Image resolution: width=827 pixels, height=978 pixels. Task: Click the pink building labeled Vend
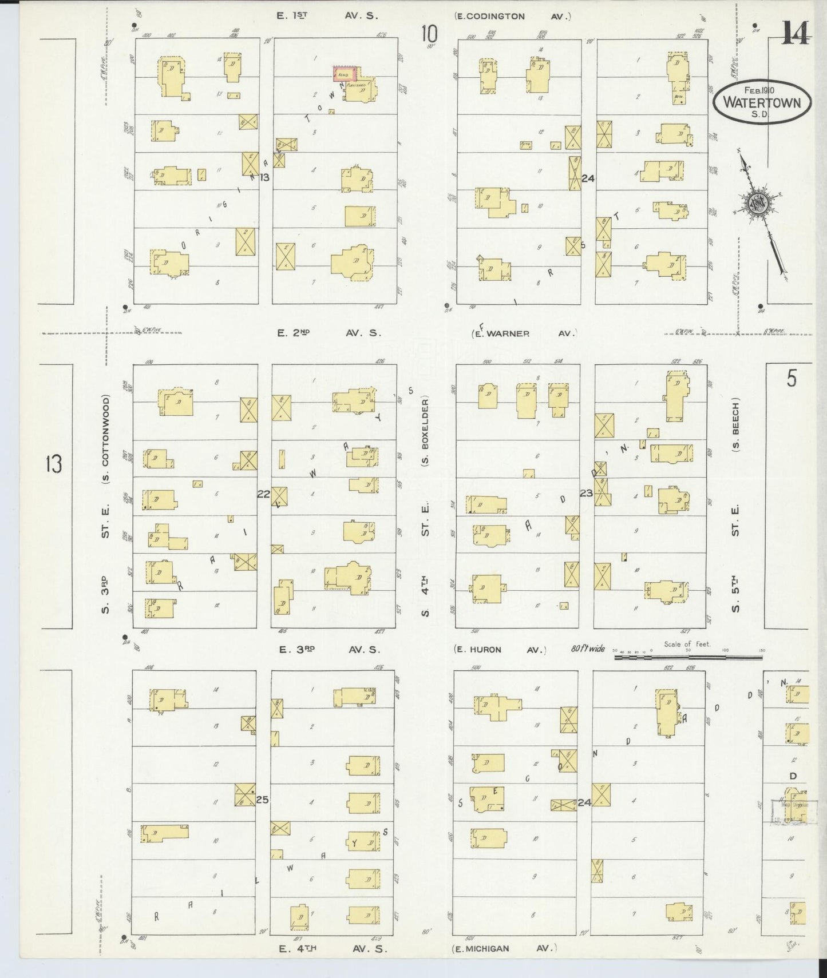coord(345,73)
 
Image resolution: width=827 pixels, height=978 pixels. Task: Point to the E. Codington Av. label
coord(513,16)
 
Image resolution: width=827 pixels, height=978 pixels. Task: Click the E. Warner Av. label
coord(524,333)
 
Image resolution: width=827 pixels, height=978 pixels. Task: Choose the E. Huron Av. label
coord(500,650)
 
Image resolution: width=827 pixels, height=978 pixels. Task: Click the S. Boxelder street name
coord(426,438)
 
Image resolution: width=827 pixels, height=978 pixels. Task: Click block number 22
coord(263,494)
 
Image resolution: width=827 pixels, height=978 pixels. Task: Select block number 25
coord(262,800)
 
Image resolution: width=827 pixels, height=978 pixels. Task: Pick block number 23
coord(585,492)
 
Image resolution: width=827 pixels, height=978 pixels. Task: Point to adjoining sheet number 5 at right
coord(791,379)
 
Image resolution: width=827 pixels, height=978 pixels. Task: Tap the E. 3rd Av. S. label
coord(328,650)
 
